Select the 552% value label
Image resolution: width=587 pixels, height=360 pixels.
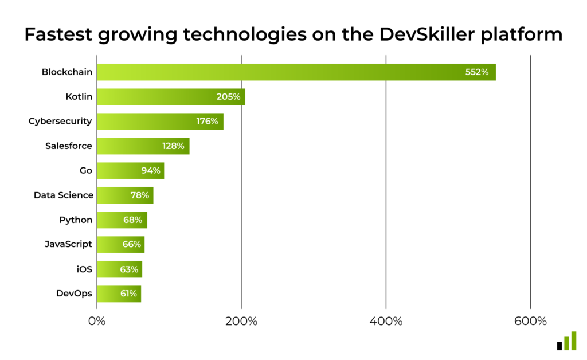pos(476,72)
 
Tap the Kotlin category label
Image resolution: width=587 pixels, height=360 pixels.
pos(79,97)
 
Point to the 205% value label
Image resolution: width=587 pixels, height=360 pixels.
pos(228,97)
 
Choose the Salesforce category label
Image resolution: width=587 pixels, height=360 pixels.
pos(68,146)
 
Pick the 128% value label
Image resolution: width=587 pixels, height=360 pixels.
pos(173,146)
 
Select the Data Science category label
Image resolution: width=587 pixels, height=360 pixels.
pos(63,195)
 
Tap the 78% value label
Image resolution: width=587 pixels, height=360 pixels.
pos(139,195)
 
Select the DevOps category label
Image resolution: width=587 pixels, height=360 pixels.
pos(74,294)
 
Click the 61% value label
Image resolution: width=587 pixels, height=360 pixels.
pos(128,294)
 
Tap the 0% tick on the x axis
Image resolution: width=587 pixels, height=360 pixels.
pos(97,322)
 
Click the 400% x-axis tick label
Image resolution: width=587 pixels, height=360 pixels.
pos(386,322)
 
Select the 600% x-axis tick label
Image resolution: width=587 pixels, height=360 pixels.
pos(530,322)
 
